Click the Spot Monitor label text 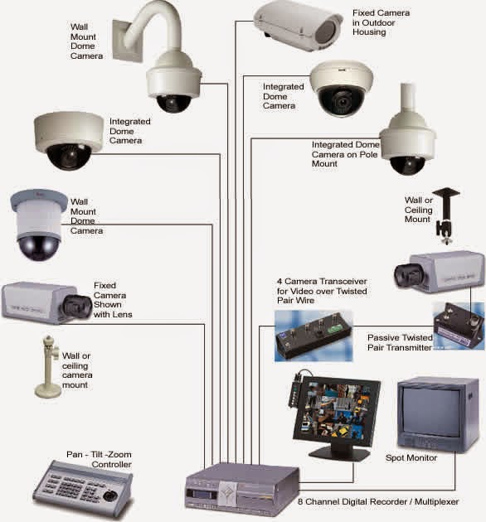point(411,457)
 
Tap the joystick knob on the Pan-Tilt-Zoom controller point(110,495)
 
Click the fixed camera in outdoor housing point(298,27)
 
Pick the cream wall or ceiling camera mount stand point(49,367)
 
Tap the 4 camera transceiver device point(313,336)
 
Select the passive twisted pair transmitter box point(459,326)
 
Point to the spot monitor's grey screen point(432,413)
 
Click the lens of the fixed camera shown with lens point(77,306)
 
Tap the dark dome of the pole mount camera point(407,165)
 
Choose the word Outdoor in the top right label point(378,22)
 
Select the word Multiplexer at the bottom point(437,501)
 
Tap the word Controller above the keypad point(111,464)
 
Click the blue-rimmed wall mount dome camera point(39,225)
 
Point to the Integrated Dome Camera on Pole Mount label point(345,154)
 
